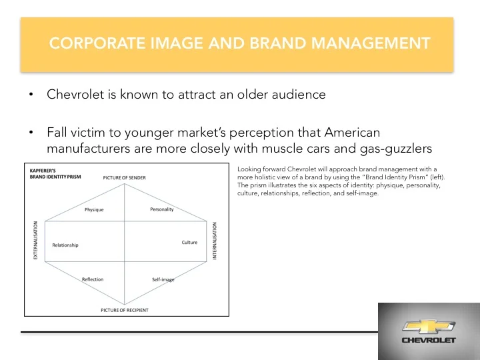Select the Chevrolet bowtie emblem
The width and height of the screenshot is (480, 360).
tap(428, 326)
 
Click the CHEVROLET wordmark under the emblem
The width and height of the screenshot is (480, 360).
tap(428, 340)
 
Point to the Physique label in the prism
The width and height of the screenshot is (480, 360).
tap(94, 210)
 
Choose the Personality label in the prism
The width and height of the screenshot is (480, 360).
tap(161, 209)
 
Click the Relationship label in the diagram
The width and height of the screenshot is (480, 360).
tap(65, 245)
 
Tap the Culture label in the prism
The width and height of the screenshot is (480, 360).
tap(189, 242)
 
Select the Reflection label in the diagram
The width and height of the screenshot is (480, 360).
tap(93, 279)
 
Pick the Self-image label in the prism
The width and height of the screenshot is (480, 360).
tap(163, 279)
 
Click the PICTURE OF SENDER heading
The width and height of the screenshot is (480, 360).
tap(125, 177)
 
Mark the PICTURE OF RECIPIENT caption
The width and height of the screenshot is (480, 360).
tap(125, 310)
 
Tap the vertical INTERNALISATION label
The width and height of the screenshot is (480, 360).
tap(215, 242)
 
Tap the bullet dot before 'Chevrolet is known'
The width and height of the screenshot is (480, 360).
tap(31, 95)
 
